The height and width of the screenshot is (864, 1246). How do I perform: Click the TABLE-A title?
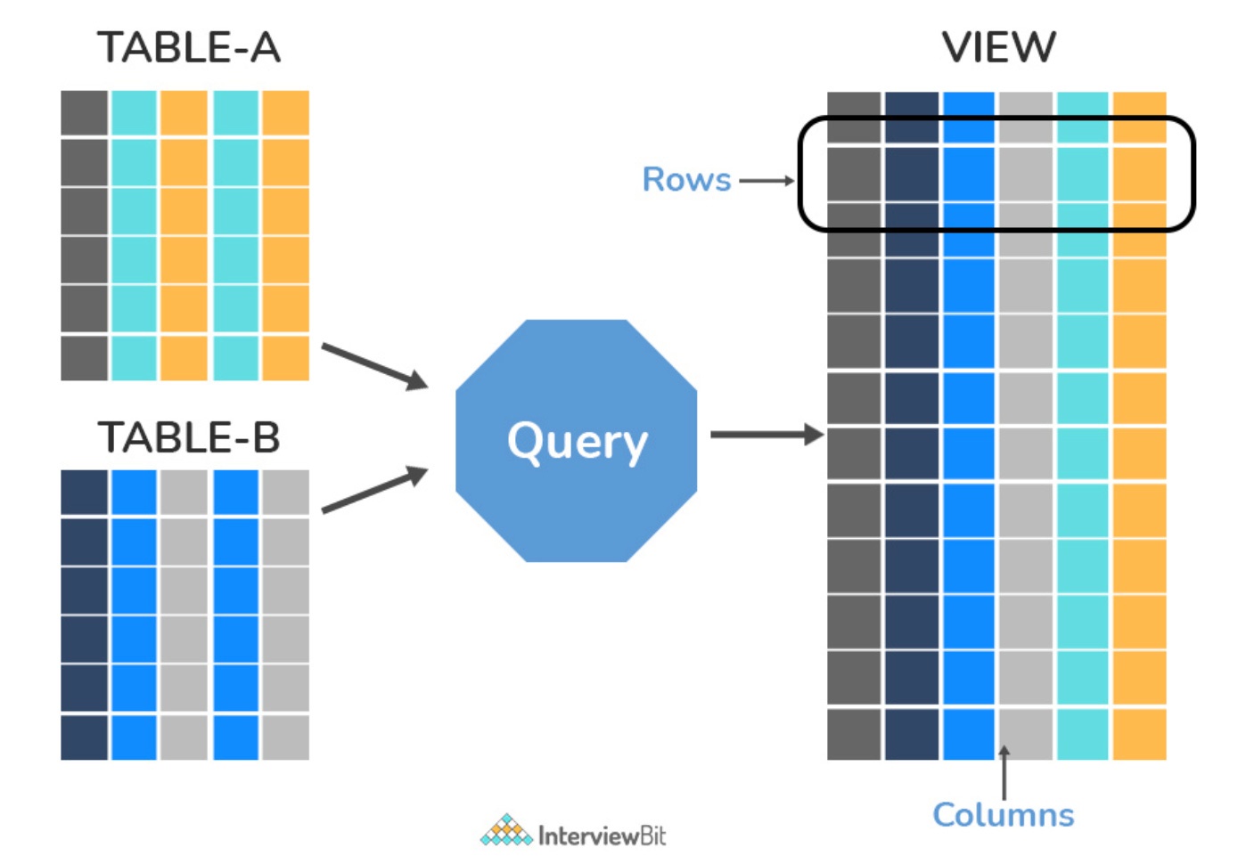[188, 48]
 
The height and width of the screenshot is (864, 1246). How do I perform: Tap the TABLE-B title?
[188, 438]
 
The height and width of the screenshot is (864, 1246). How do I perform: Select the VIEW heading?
[998, 48]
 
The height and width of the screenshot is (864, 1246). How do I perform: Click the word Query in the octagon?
[577, 442]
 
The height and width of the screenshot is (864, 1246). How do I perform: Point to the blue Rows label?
[686, 180]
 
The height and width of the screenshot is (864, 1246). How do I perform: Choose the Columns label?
[1003, 815]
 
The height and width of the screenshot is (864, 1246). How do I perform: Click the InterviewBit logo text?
[602, 835]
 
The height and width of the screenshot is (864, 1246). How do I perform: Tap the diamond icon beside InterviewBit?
[506, 831]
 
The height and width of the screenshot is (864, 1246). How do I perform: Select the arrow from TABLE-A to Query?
[374, 366]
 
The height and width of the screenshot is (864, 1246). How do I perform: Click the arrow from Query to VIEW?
[766, 435]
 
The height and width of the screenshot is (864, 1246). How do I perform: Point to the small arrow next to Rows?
[766, 181]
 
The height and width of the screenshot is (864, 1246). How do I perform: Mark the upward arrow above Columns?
[1004, 772]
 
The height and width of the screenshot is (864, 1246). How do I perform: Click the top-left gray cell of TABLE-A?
[85, 113]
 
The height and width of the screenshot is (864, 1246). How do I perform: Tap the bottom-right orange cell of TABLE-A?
[286, 358]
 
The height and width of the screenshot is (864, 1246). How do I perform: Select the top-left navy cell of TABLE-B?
[85, 493]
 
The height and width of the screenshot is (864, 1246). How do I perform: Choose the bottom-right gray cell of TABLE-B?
[286, 738]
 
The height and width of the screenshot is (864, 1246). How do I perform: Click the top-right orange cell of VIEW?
[1139, 117]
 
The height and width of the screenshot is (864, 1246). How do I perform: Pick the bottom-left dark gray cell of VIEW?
[854, 735]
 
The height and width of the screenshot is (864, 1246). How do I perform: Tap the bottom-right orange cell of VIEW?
[1139, 735]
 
